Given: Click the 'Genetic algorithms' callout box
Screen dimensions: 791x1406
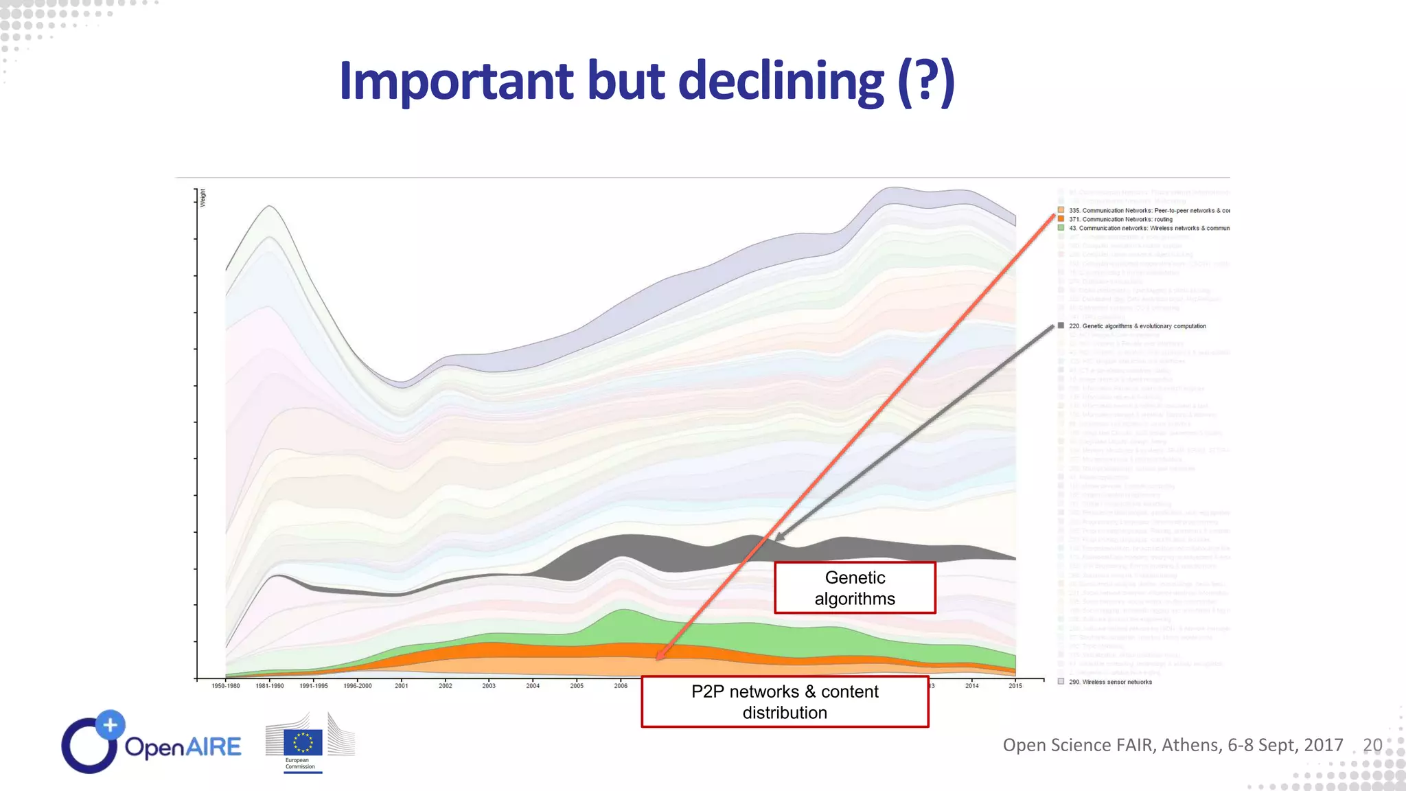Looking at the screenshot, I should (x=855, y=588).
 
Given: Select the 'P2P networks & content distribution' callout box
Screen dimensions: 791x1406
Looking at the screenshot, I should (x=785, y=702).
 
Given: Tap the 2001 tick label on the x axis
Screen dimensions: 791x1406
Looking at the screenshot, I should (x=402, y=686).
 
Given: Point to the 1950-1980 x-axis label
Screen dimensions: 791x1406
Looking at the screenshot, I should (x=226, y=686).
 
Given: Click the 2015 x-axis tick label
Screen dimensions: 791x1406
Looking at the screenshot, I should (x=1015, y=686).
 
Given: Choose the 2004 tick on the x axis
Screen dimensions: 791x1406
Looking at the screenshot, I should (x=533, y=686).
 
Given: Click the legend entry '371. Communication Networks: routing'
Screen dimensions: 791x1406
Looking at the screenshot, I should (x=1126, y=220).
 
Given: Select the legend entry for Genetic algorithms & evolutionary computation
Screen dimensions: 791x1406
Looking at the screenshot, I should (x=1137, y=326).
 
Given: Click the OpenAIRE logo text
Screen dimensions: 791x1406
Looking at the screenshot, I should (x=183, y=746).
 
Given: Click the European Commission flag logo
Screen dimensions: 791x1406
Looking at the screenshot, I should (x=303, y=743).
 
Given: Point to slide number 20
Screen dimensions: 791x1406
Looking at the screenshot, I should (x=1372, y=745).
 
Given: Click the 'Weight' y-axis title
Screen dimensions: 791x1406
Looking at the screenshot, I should (x=203, y=198).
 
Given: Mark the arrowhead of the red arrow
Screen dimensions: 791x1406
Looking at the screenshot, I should (x=660, y=656).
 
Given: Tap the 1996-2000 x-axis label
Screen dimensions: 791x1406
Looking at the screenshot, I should (x=358, y=686).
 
